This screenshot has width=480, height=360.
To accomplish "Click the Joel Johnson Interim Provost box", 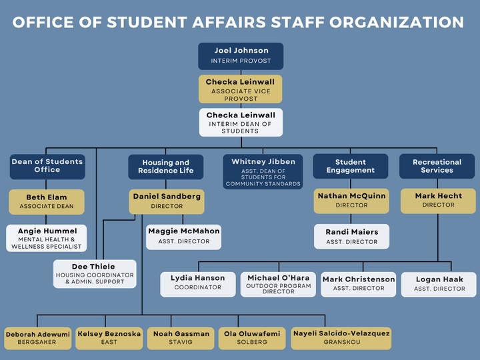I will [241, 56].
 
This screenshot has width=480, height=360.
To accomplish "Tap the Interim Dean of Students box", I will [241, 123].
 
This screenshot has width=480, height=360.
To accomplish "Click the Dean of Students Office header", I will [47, 166].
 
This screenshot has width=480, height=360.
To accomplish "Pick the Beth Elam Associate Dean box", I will [47, 202].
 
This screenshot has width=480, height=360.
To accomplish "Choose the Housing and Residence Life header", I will [165, 167].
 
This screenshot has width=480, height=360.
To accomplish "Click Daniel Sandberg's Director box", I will [165, 201].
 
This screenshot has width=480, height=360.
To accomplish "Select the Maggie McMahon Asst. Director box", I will [183, 236].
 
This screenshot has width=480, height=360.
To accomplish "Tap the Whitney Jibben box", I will [263, 172].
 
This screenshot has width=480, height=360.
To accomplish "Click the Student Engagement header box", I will [351, 167].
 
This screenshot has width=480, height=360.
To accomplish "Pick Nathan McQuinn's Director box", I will [351, 201].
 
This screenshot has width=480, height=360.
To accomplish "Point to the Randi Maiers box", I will [351, 237].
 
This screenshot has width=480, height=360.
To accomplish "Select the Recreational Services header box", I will [437, 167].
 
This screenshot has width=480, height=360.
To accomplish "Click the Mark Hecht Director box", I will [437, 201].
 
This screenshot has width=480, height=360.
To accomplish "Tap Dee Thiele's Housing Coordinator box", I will [95, 274].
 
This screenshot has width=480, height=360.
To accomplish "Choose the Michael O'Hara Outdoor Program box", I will [278, 284].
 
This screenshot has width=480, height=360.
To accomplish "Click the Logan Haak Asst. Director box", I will [438, 284].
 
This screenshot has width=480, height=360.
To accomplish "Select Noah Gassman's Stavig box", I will [181, 337].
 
